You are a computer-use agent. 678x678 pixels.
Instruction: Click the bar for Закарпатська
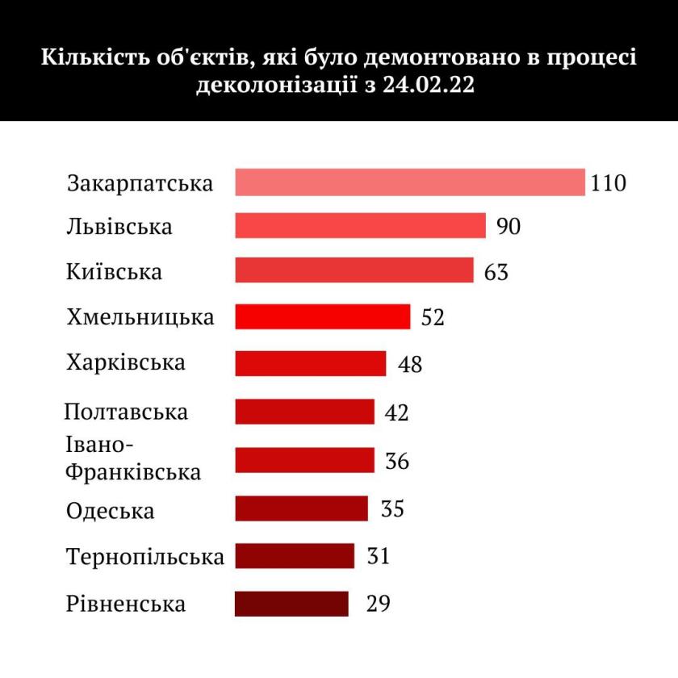coord(409,182)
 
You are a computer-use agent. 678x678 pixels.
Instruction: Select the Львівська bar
coord(360,226)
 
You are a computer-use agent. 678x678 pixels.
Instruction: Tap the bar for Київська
coord(354,270)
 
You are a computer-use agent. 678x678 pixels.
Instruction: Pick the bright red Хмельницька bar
coord(322,316)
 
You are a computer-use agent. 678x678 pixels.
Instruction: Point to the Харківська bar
coord(310,363)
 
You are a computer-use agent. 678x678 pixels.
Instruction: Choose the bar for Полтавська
coord(304,412)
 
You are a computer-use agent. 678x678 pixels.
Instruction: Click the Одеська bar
coord(301,508)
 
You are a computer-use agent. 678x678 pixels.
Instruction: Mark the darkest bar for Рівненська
coord(291,604)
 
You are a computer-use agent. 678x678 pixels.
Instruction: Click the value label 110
coord(608,183)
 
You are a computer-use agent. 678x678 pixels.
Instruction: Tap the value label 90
coord(508,226)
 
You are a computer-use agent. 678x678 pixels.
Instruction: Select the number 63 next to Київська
coord(496,271)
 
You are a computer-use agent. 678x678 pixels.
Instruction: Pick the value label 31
coord(378,556)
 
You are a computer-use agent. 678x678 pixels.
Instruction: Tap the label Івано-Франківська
coord(133,459)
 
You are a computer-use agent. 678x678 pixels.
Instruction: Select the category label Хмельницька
coord(140,317)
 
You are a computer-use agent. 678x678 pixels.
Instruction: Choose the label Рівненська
coord(126,604)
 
